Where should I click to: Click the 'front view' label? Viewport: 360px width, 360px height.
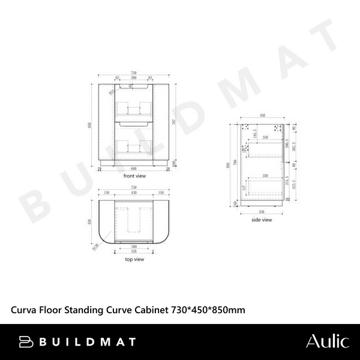(135, 176)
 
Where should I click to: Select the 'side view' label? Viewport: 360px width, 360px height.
(262, 220)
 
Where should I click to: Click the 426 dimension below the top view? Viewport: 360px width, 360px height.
(135, 251)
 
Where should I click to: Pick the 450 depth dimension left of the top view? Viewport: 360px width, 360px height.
(90, 221)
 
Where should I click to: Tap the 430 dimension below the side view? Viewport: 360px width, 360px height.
(262, 212)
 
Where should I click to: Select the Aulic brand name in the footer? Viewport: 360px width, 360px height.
(327, 341)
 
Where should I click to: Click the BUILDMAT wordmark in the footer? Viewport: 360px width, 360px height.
(88, 342)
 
